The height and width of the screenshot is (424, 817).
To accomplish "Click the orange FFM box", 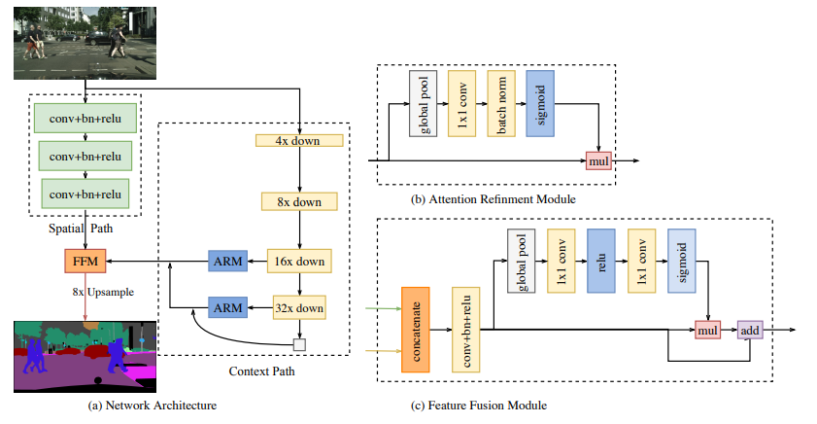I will [x=82, y=262].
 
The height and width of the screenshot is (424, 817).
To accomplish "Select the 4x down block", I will [x=299, y=140].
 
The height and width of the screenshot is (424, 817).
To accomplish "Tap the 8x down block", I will [x=299, y=201].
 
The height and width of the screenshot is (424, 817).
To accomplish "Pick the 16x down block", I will [x=299, y=262].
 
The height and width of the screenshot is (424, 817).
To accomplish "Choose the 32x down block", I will [x=299, y=308].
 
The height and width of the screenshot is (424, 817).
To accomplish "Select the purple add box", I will [x=749, y=331].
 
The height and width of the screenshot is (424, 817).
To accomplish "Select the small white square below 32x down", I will [x=299, y=343].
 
